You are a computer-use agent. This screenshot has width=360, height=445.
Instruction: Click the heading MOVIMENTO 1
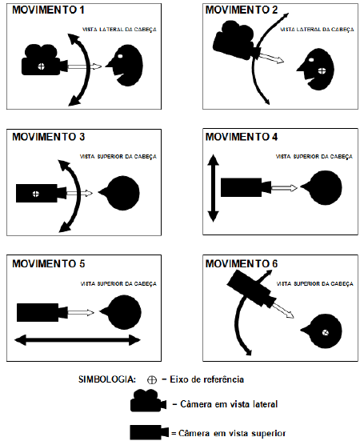[x=46, y=12]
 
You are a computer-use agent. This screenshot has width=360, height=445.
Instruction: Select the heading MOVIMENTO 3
[x=46, y=136]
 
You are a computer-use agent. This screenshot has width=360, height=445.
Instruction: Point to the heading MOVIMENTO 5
[x=46, y=263]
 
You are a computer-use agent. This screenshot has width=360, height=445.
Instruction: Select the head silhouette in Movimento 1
[x=127, y=66]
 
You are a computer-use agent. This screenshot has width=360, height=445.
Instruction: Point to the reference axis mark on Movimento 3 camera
[x=34, y=194]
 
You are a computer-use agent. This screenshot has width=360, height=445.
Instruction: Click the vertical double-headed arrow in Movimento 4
[x=212, y=189]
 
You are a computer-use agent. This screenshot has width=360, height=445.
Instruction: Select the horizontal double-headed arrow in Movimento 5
[x=77, y=340]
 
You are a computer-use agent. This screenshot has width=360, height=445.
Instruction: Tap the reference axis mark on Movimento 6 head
[x=325, y=332]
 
